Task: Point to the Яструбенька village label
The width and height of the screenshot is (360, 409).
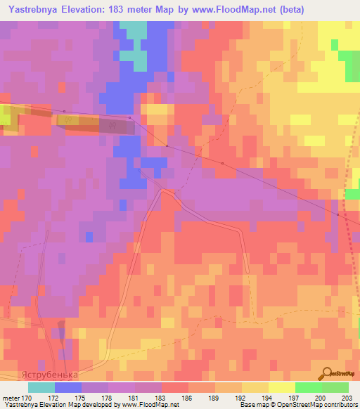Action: [x=49, y=375]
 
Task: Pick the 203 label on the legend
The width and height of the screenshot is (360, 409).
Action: [x=336, y=397]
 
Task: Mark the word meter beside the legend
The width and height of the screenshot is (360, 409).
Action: [x=11, y=397]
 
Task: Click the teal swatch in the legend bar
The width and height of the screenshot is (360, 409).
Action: [x=41, y=387]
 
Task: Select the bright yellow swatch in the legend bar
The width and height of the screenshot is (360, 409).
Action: [x=281, y=387]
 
